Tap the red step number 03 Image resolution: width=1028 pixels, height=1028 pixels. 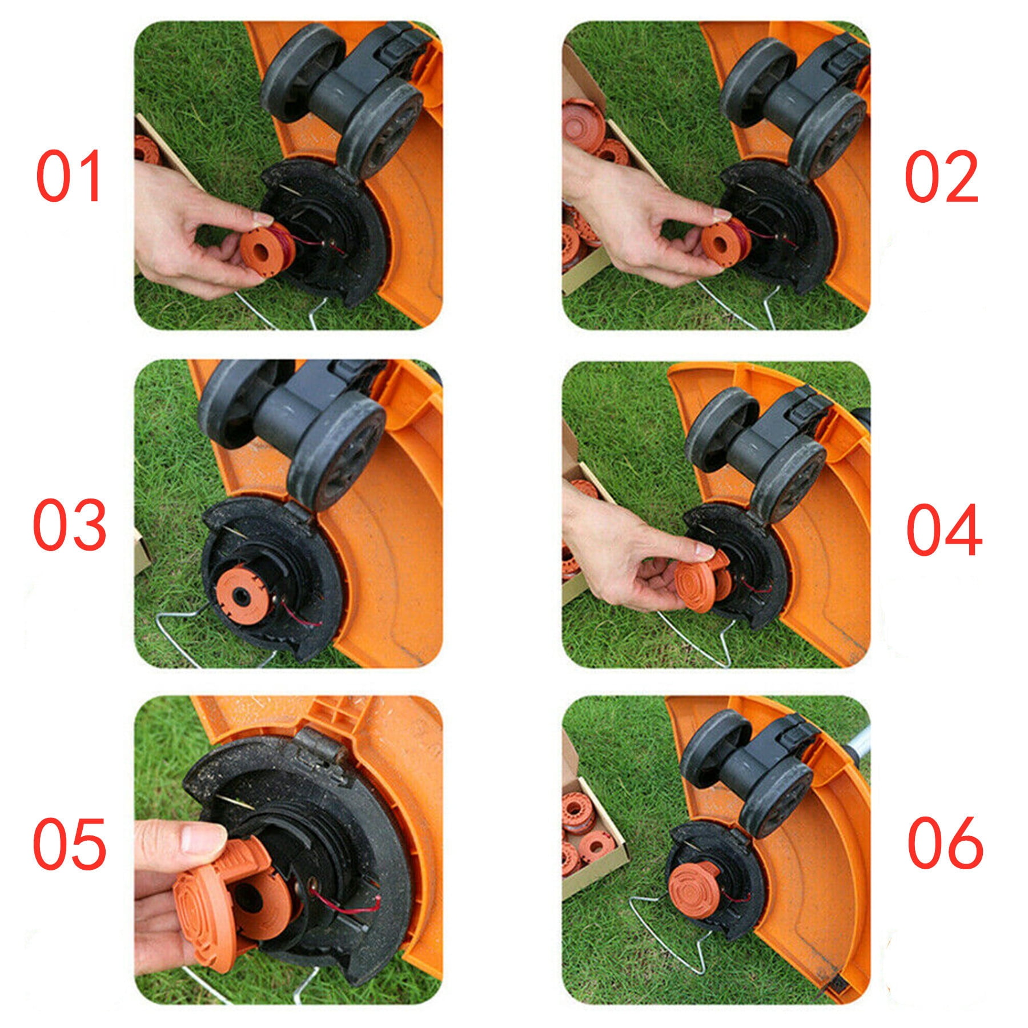[70, 524]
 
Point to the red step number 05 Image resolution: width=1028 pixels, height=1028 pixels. [70, 843]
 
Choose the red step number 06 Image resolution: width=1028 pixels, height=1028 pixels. [945, 843]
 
